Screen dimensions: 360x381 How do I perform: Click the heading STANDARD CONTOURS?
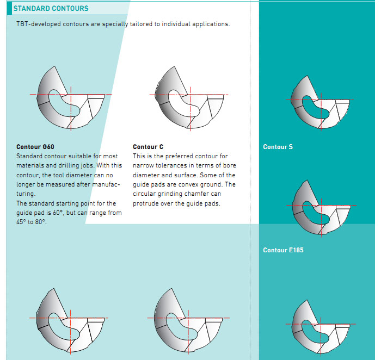point(51,9)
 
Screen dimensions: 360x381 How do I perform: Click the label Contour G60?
point(35,147)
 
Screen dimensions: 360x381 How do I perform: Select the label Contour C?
point(148,147)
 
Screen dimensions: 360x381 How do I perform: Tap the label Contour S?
point(278,147)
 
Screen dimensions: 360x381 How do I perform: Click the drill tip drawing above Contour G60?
point(70,98)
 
